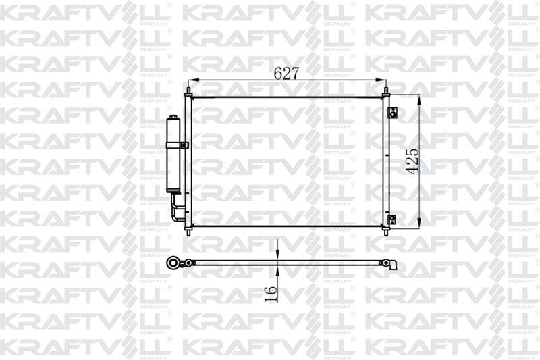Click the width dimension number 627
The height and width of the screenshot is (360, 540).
click(x=286, y=74)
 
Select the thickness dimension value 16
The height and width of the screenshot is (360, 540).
click(x=271, y=293)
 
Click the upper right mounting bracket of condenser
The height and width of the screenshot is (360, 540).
click(x=392, y=112)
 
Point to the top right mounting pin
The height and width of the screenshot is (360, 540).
click(x=385, y=90)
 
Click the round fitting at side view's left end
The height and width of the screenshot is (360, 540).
click(x=174, y=262)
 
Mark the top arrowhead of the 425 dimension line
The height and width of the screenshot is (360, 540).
click(x=419, y=99)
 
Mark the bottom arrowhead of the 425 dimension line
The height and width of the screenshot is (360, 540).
click(x=419, y=223)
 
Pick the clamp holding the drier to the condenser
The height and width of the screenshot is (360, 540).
click(x=183, y=145)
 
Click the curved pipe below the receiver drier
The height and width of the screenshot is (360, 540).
click(x=177, y=209)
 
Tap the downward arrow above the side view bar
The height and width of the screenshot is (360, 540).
click(x=278, y=252)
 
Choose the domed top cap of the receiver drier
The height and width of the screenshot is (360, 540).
click(x=173, y=120)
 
